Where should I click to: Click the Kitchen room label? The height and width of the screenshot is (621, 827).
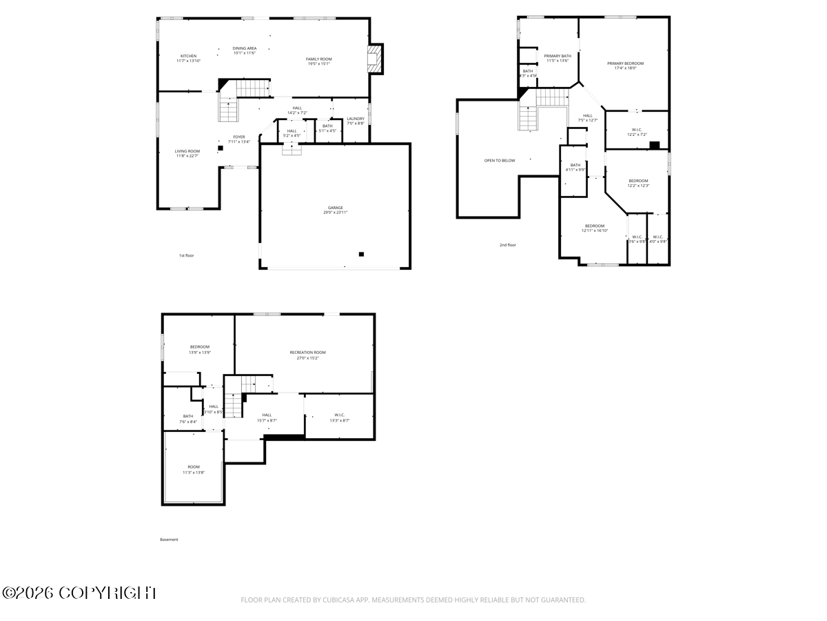(x=188, y=59)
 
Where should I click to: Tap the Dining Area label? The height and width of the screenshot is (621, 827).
(x=244, y=50)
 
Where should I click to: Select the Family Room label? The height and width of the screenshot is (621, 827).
(x=319, y=61)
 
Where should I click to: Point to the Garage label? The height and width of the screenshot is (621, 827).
(x=335, y=210)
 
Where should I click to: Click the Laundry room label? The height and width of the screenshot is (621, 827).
(x=356, y=121)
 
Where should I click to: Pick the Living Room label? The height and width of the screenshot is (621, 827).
(x=187, y=153)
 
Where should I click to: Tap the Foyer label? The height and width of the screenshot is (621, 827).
(x=239, y=139)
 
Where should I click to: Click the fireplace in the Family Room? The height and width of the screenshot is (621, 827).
(x=374, y=59)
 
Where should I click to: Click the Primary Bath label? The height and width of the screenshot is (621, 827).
(x=557, y=58)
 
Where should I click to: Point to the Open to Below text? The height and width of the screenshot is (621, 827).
(x=499, y=161)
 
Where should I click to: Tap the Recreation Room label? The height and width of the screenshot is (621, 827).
(x=307, y=355)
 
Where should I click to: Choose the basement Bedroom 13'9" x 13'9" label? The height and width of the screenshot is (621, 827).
(x=200, y=349)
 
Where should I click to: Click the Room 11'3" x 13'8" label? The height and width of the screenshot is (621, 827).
(x=194, y=469)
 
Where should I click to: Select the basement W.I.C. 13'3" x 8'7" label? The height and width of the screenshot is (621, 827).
(x=340, y=417)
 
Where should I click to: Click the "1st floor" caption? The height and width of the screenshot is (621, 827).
(x=186, y=256)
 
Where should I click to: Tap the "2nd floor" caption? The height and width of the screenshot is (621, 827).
(x=507, y=245)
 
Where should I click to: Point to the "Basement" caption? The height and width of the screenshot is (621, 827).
(x=169, y=540)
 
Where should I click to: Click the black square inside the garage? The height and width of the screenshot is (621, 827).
(x=361, y=254)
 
